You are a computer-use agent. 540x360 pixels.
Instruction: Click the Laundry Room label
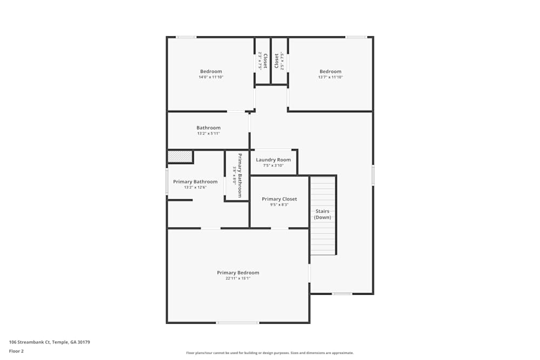point(273,160)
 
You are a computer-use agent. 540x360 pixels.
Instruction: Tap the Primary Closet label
point(279,199)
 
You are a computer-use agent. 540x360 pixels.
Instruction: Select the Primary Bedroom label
point(238,273)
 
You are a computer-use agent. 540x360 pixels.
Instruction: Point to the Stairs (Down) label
point(323,214)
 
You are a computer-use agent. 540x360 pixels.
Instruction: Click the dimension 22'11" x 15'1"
point(238,279)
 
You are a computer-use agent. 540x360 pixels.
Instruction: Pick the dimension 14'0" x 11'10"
point(211,77)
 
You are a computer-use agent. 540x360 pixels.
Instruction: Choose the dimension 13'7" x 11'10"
point(330,77)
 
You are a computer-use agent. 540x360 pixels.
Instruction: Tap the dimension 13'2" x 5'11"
point(208,133)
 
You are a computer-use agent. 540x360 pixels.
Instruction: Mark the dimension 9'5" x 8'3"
point(279,205)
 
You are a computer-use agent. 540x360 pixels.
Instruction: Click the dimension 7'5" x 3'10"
point(273,165)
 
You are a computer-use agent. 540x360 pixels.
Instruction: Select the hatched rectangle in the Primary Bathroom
point(180,157)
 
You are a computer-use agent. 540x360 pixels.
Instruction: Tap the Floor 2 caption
point(16,351)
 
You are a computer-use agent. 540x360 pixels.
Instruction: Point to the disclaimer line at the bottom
point(270,353)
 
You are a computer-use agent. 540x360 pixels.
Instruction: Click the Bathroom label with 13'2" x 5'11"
point(208,128)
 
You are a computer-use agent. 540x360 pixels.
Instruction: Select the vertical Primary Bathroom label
point(240,175)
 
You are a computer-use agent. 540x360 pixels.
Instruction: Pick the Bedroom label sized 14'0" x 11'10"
point(211,71)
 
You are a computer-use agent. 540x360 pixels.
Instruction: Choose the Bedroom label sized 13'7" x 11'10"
point(330,71)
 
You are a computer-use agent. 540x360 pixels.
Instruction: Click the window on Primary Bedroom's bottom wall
point(238,323)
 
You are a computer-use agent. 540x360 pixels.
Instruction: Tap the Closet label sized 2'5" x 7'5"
point(276,60)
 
